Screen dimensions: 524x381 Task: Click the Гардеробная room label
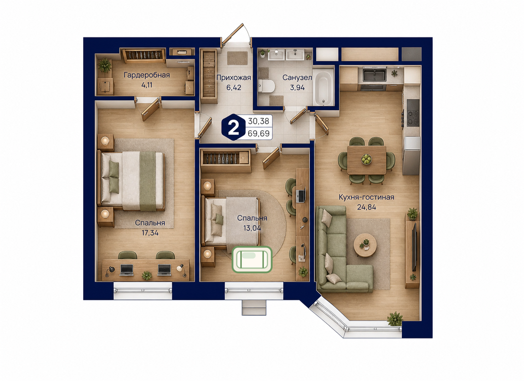147,75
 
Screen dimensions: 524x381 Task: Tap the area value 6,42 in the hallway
233,88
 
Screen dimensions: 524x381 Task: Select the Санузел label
297,78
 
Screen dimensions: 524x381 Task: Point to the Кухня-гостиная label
366,197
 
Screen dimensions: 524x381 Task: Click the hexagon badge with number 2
233,127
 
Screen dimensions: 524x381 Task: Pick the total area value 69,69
258,134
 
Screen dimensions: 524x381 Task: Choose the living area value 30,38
258,121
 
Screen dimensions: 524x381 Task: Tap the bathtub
323,88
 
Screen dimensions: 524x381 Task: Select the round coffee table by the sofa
365,245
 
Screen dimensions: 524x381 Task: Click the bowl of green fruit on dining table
366,160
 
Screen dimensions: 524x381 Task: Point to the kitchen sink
374,75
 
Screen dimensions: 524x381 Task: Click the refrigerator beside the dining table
411,156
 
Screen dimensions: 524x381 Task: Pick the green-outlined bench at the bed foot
252,260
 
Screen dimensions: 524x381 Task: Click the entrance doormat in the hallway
237,58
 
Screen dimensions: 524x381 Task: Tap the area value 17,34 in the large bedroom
150,233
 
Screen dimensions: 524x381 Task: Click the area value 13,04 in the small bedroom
252,228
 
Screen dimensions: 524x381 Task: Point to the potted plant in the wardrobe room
104,66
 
